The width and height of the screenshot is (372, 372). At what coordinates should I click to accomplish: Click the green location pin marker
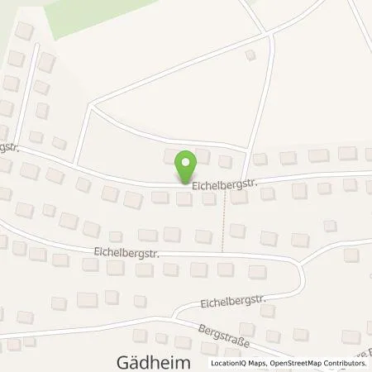[x=186, y=166]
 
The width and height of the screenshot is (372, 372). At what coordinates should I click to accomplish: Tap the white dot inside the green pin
[x=186, y=161]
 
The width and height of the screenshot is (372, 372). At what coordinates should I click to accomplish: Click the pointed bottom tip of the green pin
[x=186, y=182]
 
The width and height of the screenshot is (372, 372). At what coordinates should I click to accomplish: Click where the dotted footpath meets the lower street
[x=223, y=252]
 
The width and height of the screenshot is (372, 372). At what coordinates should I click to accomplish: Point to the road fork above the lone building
[x=269, y=34]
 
